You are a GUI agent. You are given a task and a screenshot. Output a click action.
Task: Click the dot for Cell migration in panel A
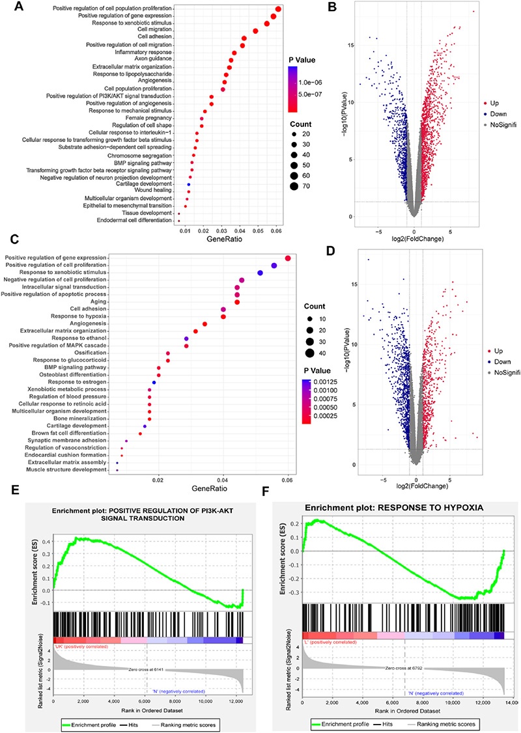(255, 31)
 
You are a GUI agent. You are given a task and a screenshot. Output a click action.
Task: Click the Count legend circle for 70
(296, 186)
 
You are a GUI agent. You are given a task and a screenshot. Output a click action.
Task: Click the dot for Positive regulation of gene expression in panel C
(287, 258)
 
